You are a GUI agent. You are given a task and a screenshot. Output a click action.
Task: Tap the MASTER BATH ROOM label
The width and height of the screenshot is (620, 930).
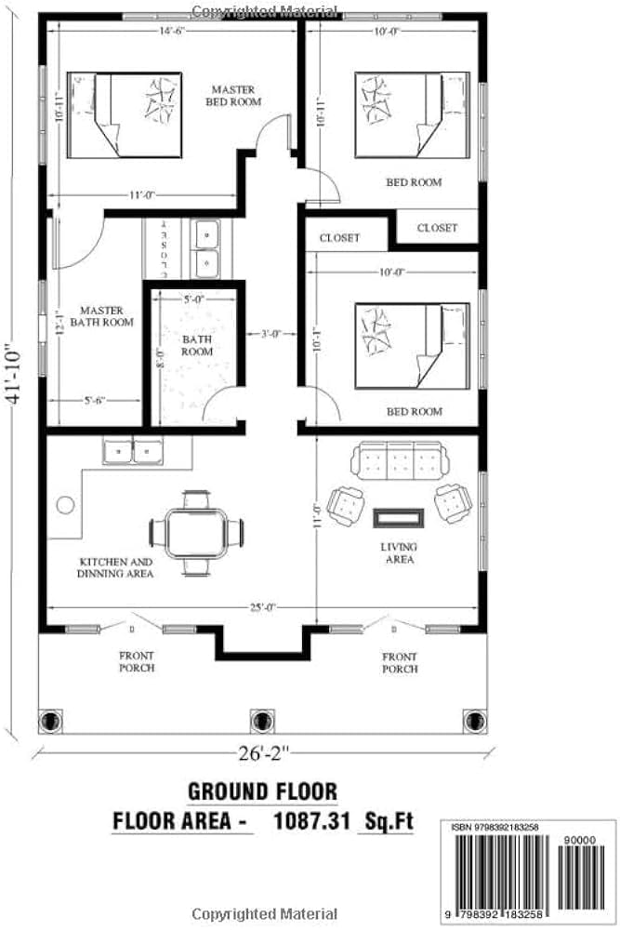(106, 316)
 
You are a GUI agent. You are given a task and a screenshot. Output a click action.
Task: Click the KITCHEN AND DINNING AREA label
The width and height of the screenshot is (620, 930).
(115, 568)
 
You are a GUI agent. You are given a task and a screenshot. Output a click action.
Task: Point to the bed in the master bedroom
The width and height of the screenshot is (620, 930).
(124, 113)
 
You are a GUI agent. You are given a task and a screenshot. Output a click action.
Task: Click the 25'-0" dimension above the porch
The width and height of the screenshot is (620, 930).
(261, 607)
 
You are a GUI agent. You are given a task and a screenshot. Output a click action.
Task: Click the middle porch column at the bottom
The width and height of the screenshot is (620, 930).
(262, 721)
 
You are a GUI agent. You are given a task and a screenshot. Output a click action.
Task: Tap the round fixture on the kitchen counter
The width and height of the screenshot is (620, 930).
(65, 505)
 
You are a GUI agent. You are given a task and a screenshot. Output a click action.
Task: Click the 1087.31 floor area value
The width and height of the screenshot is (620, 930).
(312, 821)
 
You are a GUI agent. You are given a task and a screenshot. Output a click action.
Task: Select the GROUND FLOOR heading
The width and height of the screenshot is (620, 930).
(262, 791)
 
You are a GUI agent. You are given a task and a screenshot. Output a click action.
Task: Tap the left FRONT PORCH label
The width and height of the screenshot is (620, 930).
(137, 662)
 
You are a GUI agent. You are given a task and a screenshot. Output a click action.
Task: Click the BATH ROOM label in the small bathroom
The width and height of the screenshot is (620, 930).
(196, 345)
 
